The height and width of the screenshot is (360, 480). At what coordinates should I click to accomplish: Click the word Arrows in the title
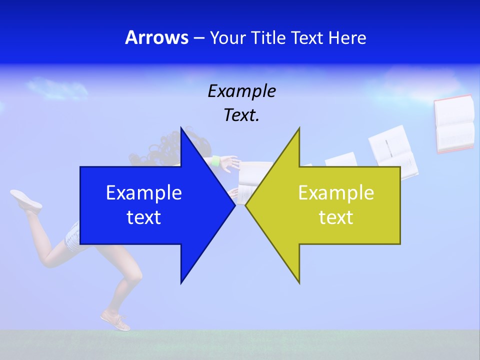click(x=156, y=37)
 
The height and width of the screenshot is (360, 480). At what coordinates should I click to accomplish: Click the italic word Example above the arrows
click(x=241, y=91)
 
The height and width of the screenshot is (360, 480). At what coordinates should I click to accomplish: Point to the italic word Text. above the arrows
click(x=241, y=115)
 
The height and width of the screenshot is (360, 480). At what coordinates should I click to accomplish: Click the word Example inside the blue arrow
click(x=144, y=193)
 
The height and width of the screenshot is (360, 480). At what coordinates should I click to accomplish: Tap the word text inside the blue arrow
click(x=144, y=217)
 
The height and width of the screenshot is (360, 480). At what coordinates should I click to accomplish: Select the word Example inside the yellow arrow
click(x=336, y=193)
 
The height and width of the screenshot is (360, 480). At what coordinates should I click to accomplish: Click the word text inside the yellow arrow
click(x=336, y=217)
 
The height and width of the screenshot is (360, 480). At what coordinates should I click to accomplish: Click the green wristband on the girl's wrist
click(x=216, y=161)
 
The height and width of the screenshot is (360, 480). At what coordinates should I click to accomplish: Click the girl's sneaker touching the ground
click(x=116, y=320)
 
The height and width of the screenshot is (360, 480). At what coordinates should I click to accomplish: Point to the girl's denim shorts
click(x=73, y=235)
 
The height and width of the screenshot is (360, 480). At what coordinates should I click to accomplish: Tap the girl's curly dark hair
click(x=165, y=145)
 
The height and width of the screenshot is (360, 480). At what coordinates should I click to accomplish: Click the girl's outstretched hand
click(x=229, y=162)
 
